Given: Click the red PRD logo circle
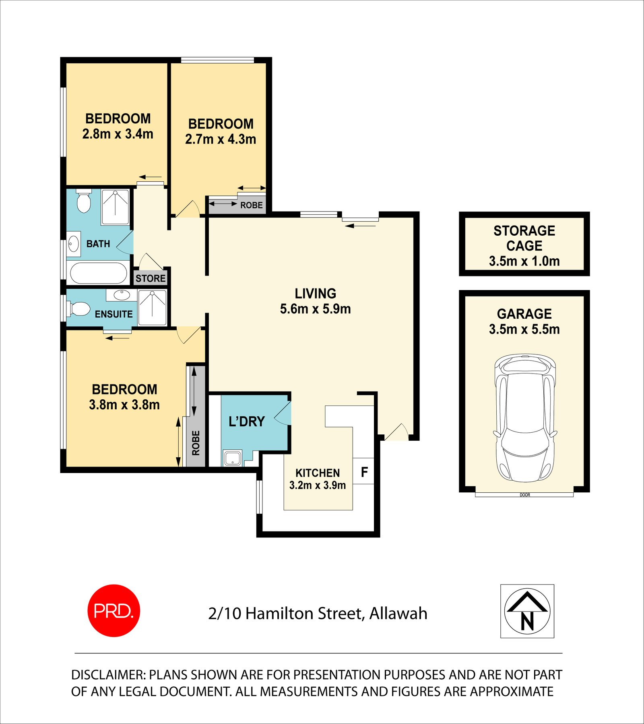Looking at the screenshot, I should click(114, 610).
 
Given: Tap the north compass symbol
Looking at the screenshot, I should click(527, 611).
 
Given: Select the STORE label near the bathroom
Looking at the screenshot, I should click(151, 278).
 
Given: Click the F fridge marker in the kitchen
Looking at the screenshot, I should click(364, 472).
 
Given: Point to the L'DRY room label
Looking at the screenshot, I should click(246, 421).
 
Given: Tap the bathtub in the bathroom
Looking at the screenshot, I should click(99, 273).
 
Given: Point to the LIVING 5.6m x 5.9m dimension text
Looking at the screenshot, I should click(315, 309).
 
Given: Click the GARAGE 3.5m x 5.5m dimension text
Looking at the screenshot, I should click(524, 329).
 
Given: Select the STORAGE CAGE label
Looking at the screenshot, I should click(524, 238).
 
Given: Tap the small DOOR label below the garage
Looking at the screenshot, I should click(525, 495).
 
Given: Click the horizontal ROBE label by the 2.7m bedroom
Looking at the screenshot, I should click(251, 205).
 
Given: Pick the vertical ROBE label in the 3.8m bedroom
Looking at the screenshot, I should click(196, 443).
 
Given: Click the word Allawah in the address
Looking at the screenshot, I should click(398, 614).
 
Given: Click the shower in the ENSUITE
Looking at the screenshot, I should click(152, 307).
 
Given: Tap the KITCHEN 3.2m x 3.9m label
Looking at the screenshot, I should click(317, 479).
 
